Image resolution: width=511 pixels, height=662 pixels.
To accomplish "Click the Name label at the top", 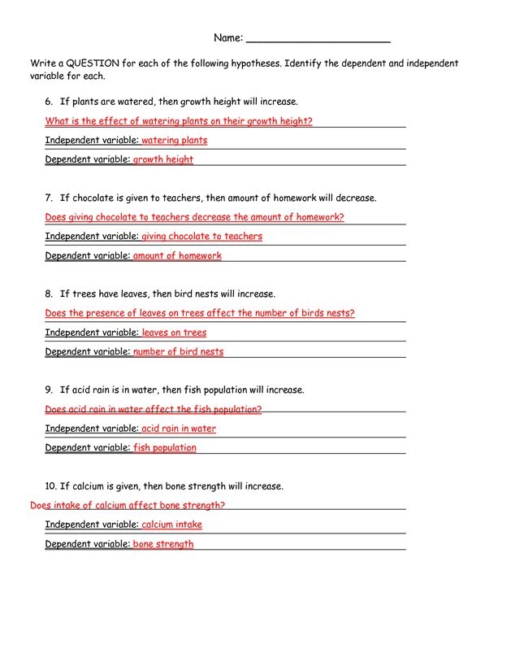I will [x=227, y=38].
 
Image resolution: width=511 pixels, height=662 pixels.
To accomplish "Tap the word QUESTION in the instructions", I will [x=93, y=63].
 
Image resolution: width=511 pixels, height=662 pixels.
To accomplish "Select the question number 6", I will [x=49, y=102].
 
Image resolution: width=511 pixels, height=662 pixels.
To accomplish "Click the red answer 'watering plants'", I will [x=174, y=141].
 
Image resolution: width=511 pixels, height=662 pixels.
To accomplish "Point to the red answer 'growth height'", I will [x=162, y=160].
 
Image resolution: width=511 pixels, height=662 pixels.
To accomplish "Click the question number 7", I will [x=49, y=198].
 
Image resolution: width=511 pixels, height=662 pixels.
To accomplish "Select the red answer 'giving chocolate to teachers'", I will [x=201, y=237].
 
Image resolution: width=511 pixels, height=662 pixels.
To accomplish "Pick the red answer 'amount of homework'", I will [x=177, y=256].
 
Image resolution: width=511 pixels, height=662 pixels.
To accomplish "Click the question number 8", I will [x=49, y=294].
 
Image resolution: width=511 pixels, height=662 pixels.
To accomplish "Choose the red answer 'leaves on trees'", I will [x=174, y=333].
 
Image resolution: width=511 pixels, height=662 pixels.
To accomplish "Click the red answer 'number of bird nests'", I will [x=178, y=352].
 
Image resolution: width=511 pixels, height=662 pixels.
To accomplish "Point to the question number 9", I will [x=49, y=390].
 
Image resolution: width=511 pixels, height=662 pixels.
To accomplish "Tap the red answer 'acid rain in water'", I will [x=179, y=429].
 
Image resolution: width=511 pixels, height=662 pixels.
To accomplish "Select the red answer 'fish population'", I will [x=164, y=448].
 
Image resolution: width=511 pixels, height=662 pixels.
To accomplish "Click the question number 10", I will [x=50, y=486].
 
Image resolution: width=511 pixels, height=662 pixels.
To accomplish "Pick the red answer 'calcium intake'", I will [x=171, y=525].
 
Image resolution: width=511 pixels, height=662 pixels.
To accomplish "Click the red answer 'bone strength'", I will [x=163, y=544].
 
